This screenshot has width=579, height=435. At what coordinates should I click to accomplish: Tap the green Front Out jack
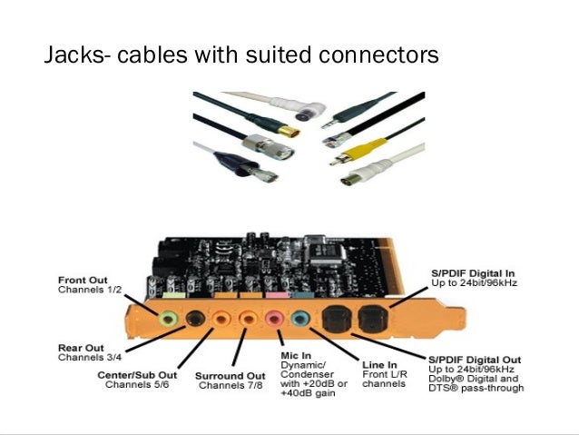coord(168,320)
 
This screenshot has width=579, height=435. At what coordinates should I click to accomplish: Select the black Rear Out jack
coord(194,318)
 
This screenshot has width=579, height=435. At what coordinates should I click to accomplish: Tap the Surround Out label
coord(230,375)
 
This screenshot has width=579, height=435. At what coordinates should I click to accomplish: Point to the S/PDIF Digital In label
coord(472,272)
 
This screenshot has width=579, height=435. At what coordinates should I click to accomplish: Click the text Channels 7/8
coord(230,386)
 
